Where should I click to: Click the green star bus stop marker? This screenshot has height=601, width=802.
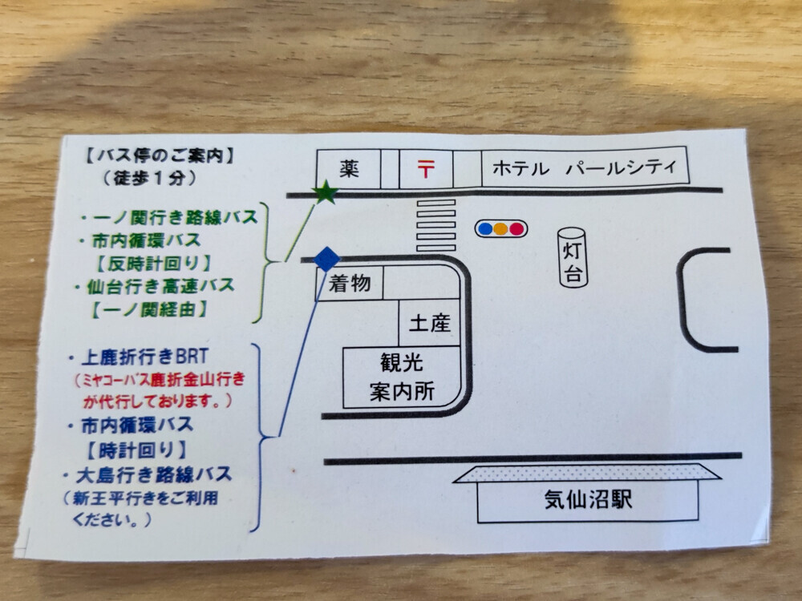point(325,192)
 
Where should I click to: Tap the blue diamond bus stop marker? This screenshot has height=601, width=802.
point(326,259)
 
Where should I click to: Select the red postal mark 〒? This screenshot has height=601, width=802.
point(426,168)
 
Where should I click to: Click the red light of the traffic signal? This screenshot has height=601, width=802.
point(516,228)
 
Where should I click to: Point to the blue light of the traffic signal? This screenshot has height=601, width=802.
point(485,228)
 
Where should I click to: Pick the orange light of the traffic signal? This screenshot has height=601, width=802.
point(500,228)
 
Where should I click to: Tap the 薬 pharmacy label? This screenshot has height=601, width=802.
point(349,168)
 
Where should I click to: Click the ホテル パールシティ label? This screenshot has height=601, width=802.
point(584,167)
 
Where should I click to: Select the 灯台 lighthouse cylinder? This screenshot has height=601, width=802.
point(573,257)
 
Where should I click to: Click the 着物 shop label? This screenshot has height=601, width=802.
point(350,283)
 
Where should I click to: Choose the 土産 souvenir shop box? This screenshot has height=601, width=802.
point(429,323)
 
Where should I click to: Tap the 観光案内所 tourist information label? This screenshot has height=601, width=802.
point(402,377)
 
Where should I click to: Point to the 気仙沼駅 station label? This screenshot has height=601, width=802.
point(588,499)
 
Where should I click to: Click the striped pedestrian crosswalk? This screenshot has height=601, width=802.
point(435,225)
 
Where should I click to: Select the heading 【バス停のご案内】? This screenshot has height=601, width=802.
point(159,155)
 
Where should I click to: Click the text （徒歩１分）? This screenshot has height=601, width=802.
point(149,178)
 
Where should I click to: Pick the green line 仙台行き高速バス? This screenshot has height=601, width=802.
point(155,286)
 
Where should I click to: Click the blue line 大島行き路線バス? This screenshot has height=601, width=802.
point(148,475)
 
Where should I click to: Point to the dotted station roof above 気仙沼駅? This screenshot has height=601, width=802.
point(587,474)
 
